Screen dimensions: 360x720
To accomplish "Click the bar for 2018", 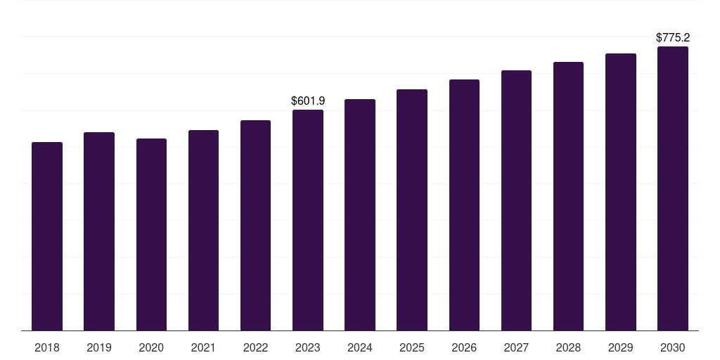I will coord(47,236).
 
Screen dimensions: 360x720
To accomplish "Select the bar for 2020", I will coord(151,234).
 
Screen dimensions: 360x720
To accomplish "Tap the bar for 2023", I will coord(308,220).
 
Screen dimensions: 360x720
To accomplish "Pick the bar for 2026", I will coord(464,205).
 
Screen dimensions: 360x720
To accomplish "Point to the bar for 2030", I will coord(673,188).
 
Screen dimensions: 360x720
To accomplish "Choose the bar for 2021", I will coord(203,230).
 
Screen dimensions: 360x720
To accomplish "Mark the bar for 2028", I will coord(568,196).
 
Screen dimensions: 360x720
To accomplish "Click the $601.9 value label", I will coord(308,101).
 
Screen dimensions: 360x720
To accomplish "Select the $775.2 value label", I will coord(673,38).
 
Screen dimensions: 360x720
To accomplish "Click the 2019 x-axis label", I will coord(99,347).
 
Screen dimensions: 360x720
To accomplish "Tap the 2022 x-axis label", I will coord(255,347).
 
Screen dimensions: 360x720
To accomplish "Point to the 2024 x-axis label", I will coord(360,347).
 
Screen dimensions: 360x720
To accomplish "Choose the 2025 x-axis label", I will coord(412,347).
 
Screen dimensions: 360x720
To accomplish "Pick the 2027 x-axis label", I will coord(516,347).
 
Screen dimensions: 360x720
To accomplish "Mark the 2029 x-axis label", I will coord(621,347).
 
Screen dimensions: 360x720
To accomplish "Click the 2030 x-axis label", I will coord(673,347).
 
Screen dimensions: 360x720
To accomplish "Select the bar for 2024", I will coord(360,214).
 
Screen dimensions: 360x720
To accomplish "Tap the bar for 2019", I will coord(99,231).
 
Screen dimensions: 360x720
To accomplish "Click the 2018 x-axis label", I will coord(47,347).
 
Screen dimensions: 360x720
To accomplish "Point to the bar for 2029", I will coord(621,192).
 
